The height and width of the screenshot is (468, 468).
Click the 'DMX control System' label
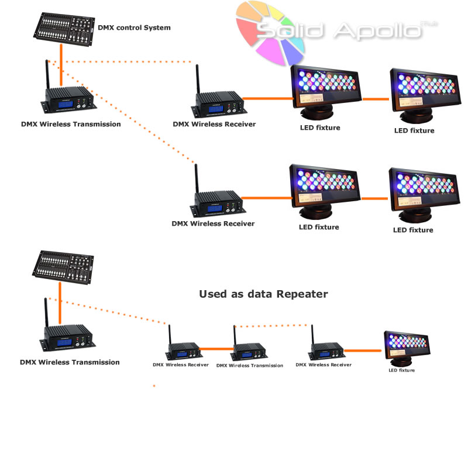point(134,27)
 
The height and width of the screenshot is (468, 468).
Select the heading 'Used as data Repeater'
point(263,294)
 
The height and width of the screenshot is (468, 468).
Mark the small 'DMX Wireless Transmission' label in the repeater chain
point(249,366)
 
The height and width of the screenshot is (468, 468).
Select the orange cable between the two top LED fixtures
point(376,99)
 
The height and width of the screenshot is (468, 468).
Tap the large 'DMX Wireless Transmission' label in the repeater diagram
point(70,362)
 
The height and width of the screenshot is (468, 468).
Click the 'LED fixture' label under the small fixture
point(401,370)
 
